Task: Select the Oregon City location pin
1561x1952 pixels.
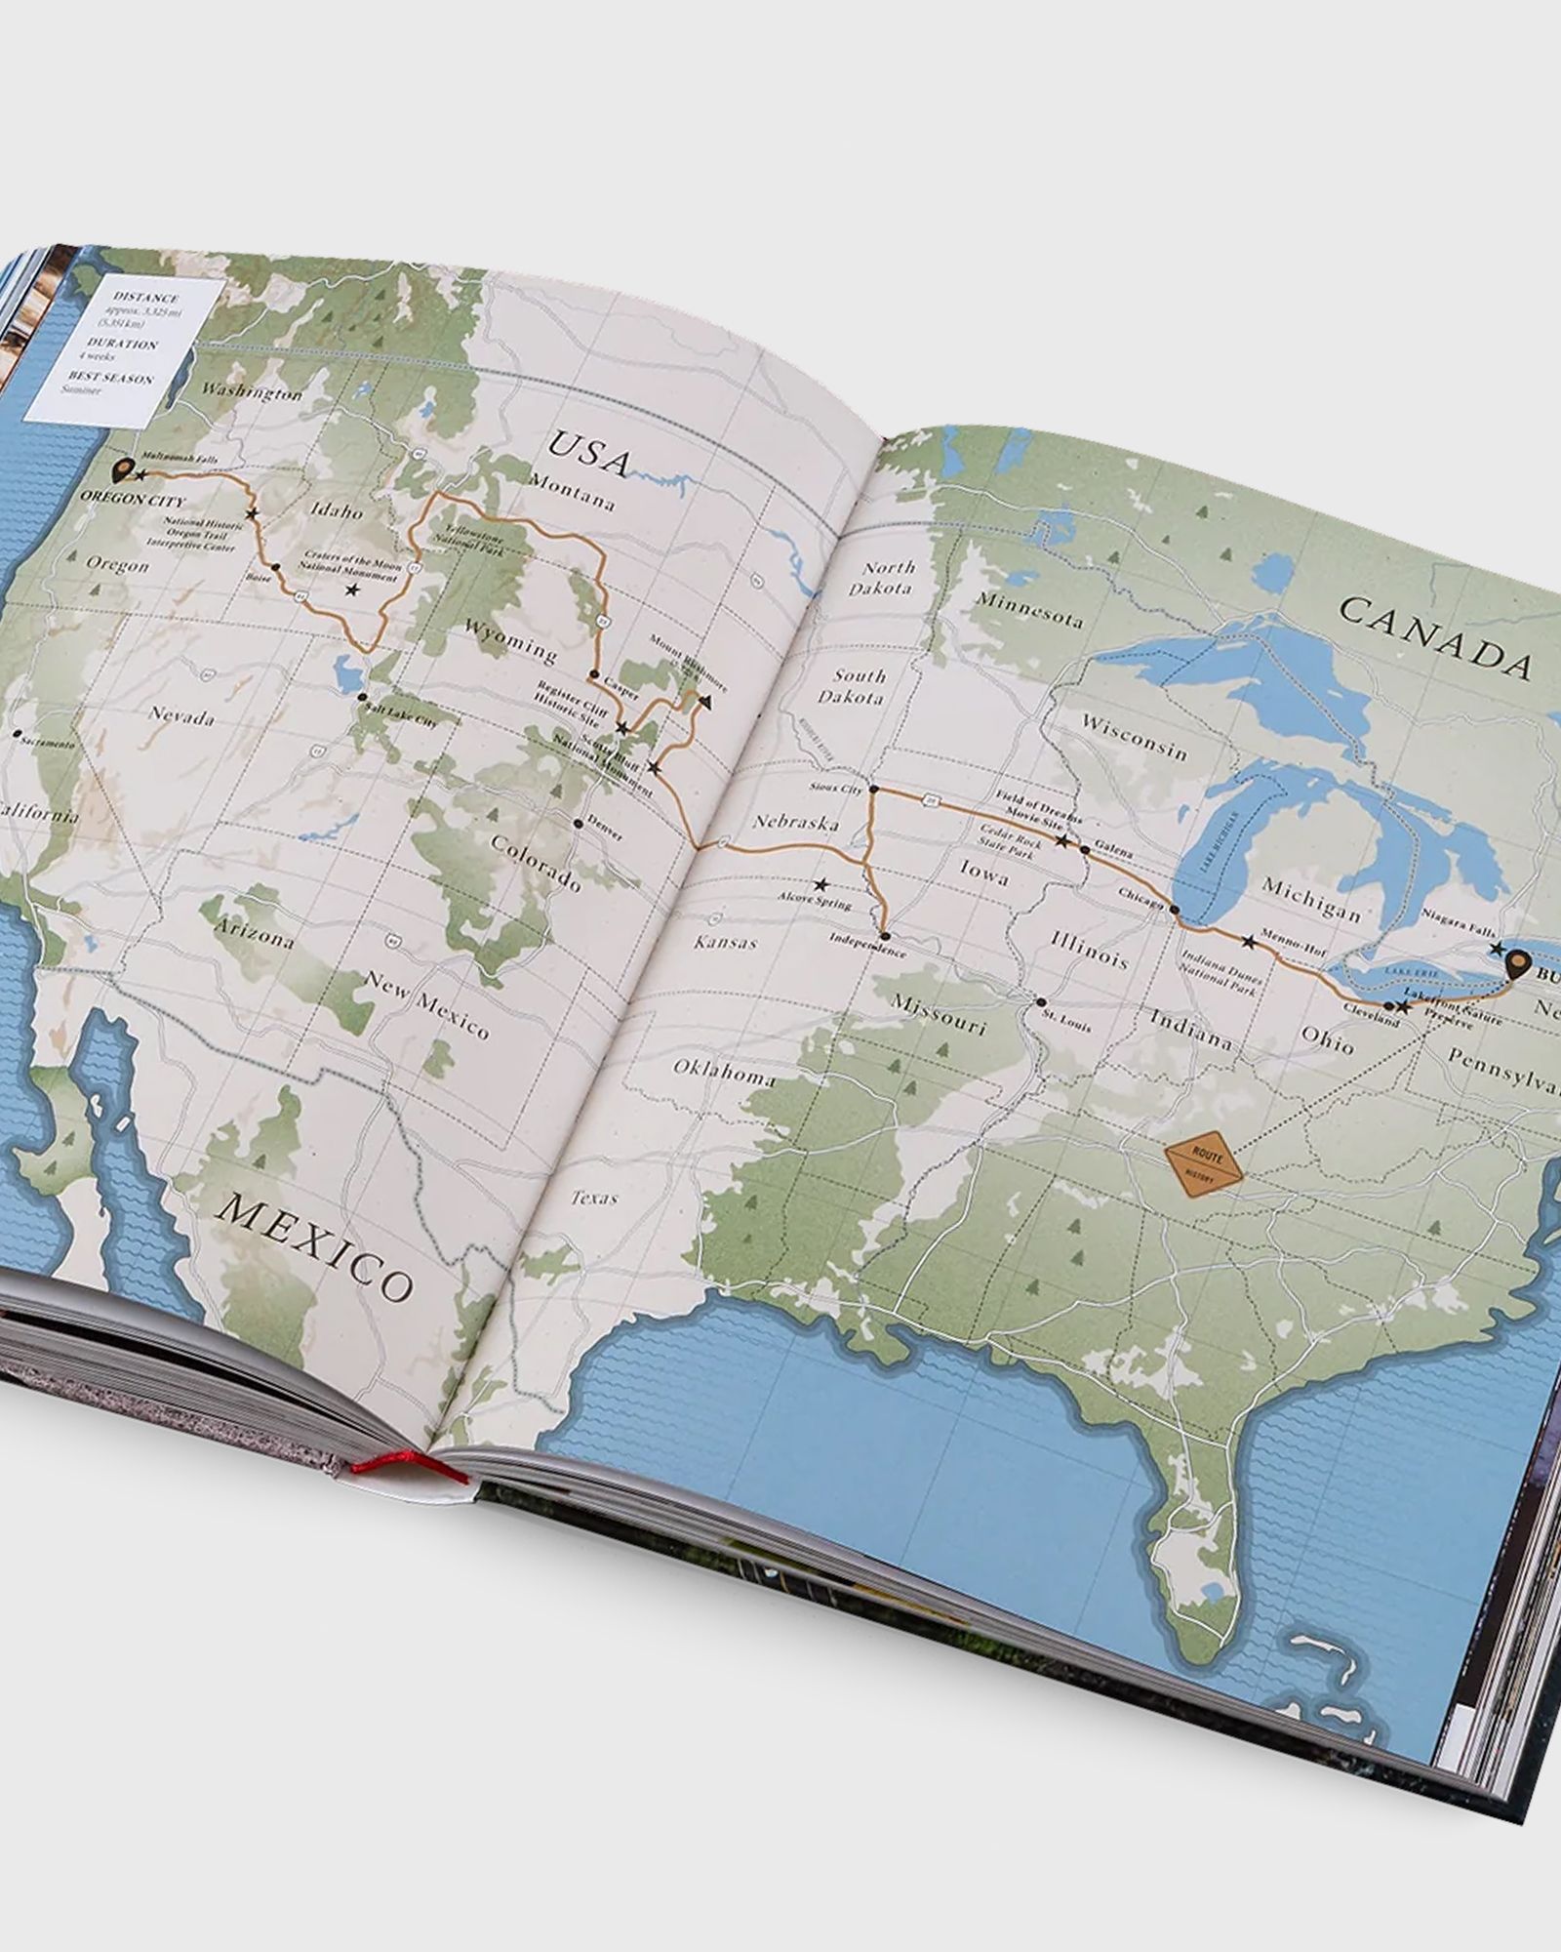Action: pyautogui.click(x=122, y=472)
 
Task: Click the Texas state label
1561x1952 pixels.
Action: pyautogui.click(x=593, y=1197)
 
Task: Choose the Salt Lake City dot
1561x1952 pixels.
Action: pyautogui.click(x=362, y=698)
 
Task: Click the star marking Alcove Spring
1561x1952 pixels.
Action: pyautogui.click(x=821, y=884)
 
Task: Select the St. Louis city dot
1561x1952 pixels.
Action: pyautogui.click(x=1040, y=1002)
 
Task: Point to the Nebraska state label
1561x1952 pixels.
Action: pyautogui.click(x=794, y=823)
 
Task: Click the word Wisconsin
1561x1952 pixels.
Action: pyautogui.click(x=1134, y=738)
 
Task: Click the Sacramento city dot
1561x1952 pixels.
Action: pyautogui.click(x=18, y=732)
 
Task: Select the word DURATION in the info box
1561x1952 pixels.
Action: pyautogui.click(x=121, y=345)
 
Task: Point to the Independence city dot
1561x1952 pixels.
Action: pyautogui.click(x=881, y=930)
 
